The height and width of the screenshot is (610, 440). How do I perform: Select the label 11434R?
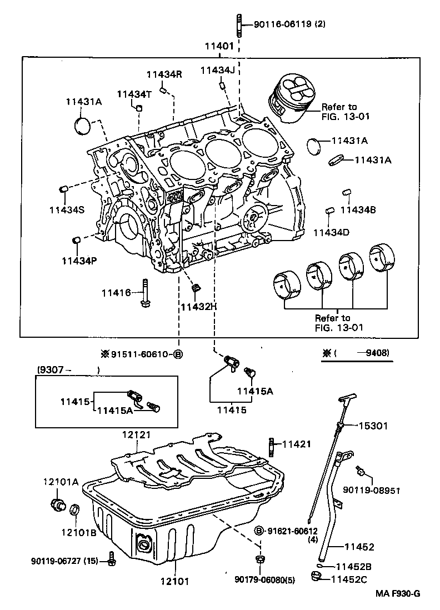164,74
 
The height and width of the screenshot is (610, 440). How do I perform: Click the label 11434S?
66,209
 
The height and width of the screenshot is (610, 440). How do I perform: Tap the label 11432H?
198,306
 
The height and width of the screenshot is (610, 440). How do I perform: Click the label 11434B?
358,209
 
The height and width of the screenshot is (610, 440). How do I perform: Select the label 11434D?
331,232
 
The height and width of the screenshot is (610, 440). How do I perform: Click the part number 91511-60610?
142,354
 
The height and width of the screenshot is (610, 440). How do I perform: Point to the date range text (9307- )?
68,370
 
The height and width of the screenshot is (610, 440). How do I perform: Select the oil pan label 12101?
176,582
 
